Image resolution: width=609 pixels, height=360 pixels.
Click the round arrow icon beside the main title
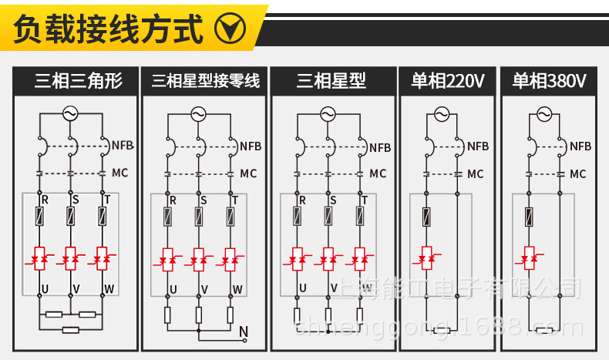[229, 30]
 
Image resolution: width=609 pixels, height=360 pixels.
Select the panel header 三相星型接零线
[206, 81]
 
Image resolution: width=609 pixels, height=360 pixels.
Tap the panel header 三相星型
[331, 81]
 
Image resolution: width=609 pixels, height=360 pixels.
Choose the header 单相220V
[448, 81]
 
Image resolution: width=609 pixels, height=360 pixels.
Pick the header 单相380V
[550, 81]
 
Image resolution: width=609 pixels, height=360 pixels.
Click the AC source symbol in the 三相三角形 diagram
[70, 113]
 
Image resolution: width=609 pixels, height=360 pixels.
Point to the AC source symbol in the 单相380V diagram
[544, 115]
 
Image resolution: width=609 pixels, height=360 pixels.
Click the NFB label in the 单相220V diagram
[477, 146]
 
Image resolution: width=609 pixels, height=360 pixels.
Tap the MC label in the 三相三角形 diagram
[120, 173]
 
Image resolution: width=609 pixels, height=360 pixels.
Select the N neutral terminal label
[244, 333]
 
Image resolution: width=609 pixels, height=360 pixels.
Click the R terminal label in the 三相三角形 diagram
[45, 200]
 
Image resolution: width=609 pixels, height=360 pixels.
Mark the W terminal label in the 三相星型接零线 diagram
[237, 290]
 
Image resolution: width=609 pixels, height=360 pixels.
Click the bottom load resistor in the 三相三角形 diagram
[70, 330]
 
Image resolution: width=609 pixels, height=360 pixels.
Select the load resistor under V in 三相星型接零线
[198, 315]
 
